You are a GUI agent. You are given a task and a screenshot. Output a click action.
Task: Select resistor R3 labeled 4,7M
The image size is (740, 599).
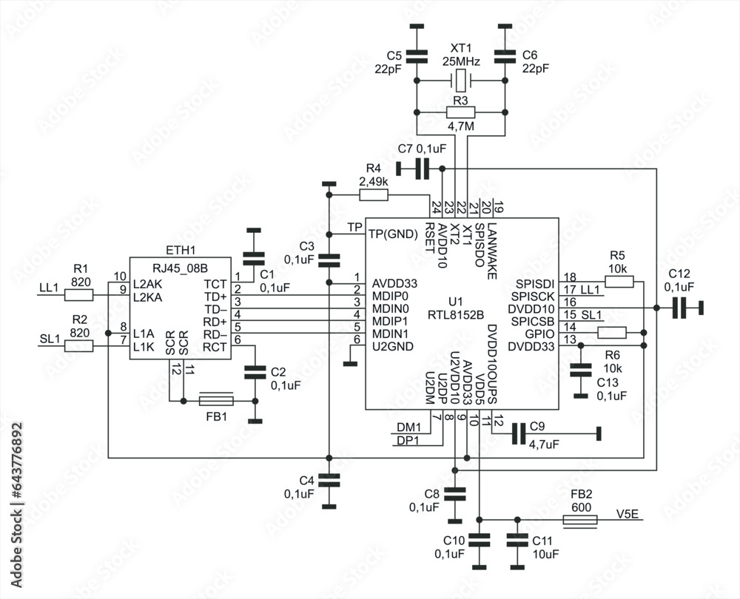460,112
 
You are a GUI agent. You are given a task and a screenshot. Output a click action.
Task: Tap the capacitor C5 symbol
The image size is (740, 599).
417,56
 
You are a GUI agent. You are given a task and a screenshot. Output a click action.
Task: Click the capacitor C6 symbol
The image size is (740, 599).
505,56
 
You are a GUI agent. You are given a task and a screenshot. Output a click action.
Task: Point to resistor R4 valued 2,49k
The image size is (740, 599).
373,195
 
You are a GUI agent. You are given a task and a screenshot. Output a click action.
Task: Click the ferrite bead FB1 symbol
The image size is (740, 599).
217,401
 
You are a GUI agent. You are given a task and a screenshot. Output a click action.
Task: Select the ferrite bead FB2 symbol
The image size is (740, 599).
579,521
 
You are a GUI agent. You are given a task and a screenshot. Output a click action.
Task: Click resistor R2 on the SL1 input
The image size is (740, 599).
78,345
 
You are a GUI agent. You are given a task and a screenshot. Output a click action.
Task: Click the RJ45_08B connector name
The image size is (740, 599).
180,268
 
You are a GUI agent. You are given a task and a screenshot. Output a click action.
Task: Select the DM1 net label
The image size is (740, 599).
408,427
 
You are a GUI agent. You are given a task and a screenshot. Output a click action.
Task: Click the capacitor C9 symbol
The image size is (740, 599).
518,433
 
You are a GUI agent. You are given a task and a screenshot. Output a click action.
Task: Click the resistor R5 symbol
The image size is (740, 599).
619,282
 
